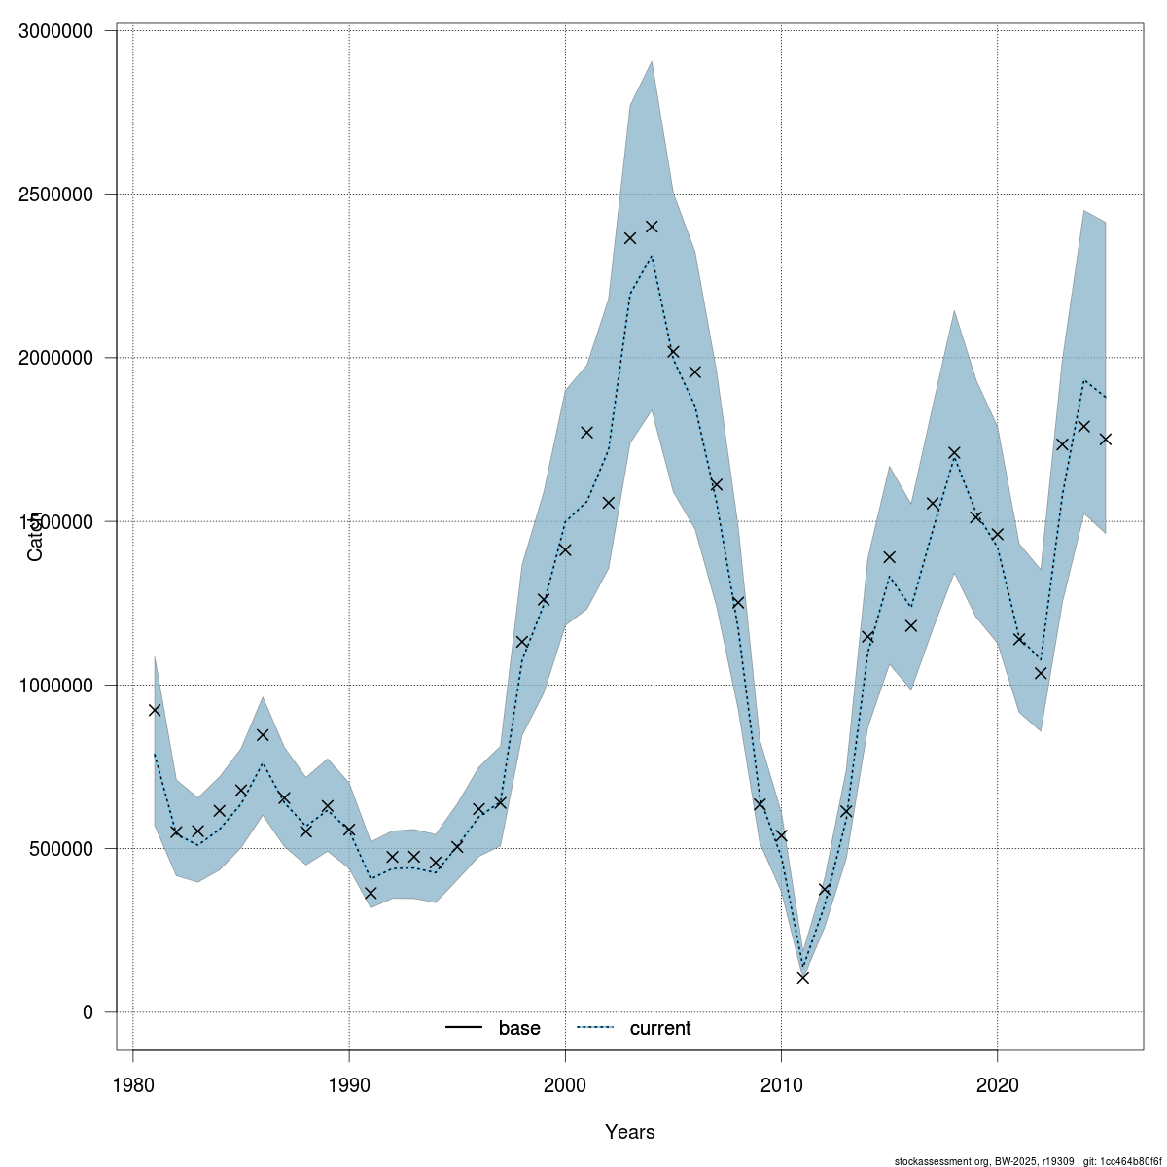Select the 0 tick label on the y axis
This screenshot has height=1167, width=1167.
[88, 1012]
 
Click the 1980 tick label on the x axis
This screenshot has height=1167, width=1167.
[132, 1083]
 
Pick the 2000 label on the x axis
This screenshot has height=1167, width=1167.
[565, 1083]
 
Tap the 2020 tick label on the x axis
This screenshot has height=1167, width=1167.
[997, 1083]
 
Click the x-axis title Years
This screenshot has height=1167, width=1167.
[630, 1132]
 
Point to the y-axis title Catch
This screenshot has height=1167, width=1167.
[35, 535]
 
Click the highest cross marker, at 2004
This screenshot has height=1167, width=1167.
[652, 227]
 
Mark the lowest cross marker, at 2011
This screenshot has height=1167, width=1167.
[802, 977]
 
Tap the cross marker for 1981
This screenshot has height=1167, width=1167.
[155, 710]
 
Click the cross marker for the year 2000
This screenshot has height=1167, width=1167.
[565, 550]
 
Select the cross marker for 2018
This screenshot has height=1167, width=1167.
[954, 453]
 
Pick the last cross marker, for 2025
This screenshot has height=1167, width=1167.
[1105, 440]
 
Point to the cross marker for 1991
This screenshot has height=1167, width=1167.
[371, 893]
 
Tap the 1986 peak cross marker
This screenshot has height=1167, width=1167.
[263, 734]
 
